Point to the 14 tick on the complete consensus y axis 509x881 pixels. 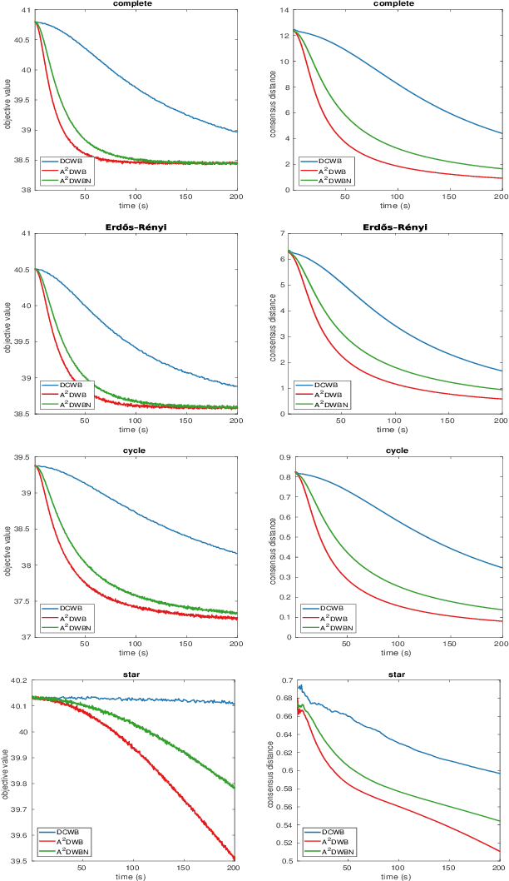282,10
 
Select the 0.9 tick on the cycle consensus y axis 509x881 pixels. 280,457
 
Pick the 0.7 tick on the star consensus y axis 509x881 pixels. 280,680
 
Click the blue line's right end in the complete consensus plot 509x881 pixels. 502,133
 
